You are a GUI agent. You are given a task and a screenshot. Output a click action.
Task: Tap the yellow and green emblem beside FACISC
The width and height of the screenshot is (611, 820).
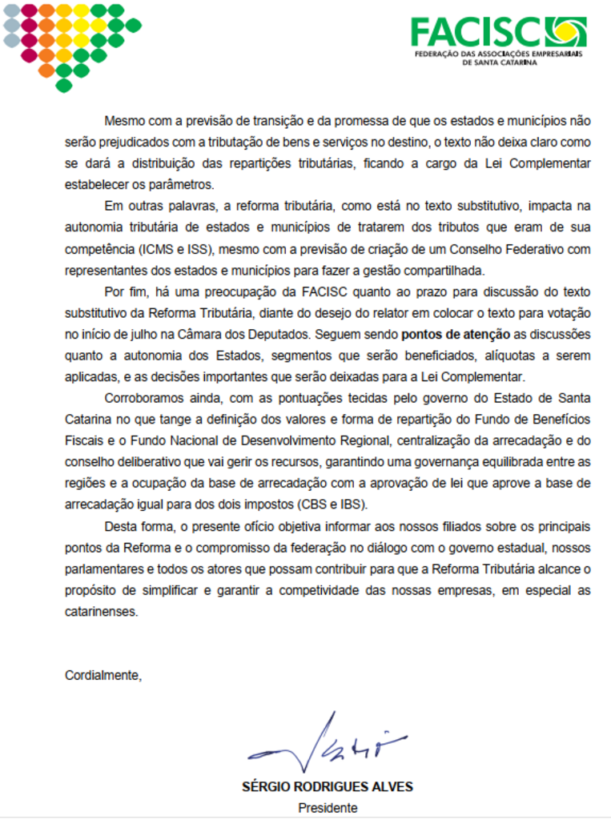pos(565,31)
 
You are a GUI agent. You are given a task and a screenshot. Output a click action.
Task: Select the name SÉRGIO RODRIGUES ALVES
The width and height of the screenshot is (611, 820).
pos(327,787)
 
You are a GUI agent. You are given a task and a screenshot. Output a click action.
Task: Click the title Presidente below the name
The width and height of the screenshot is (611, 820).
pos(327,808)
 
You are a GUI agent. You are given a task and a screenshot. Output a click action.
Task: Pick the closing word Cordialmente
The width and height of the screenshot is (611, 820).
pos(103,675)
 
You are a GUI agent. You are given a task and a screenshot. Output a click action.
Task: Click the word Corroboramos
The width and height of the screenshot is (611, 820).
pos(143,398)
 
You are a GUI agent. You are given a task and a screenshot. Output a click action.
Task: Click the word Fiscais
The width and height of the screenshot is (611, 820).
pos(86,440)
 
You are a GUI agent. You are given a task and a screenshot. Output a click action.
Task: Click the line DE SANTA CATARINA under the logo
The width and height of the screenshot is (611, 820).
pos(499,62)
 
